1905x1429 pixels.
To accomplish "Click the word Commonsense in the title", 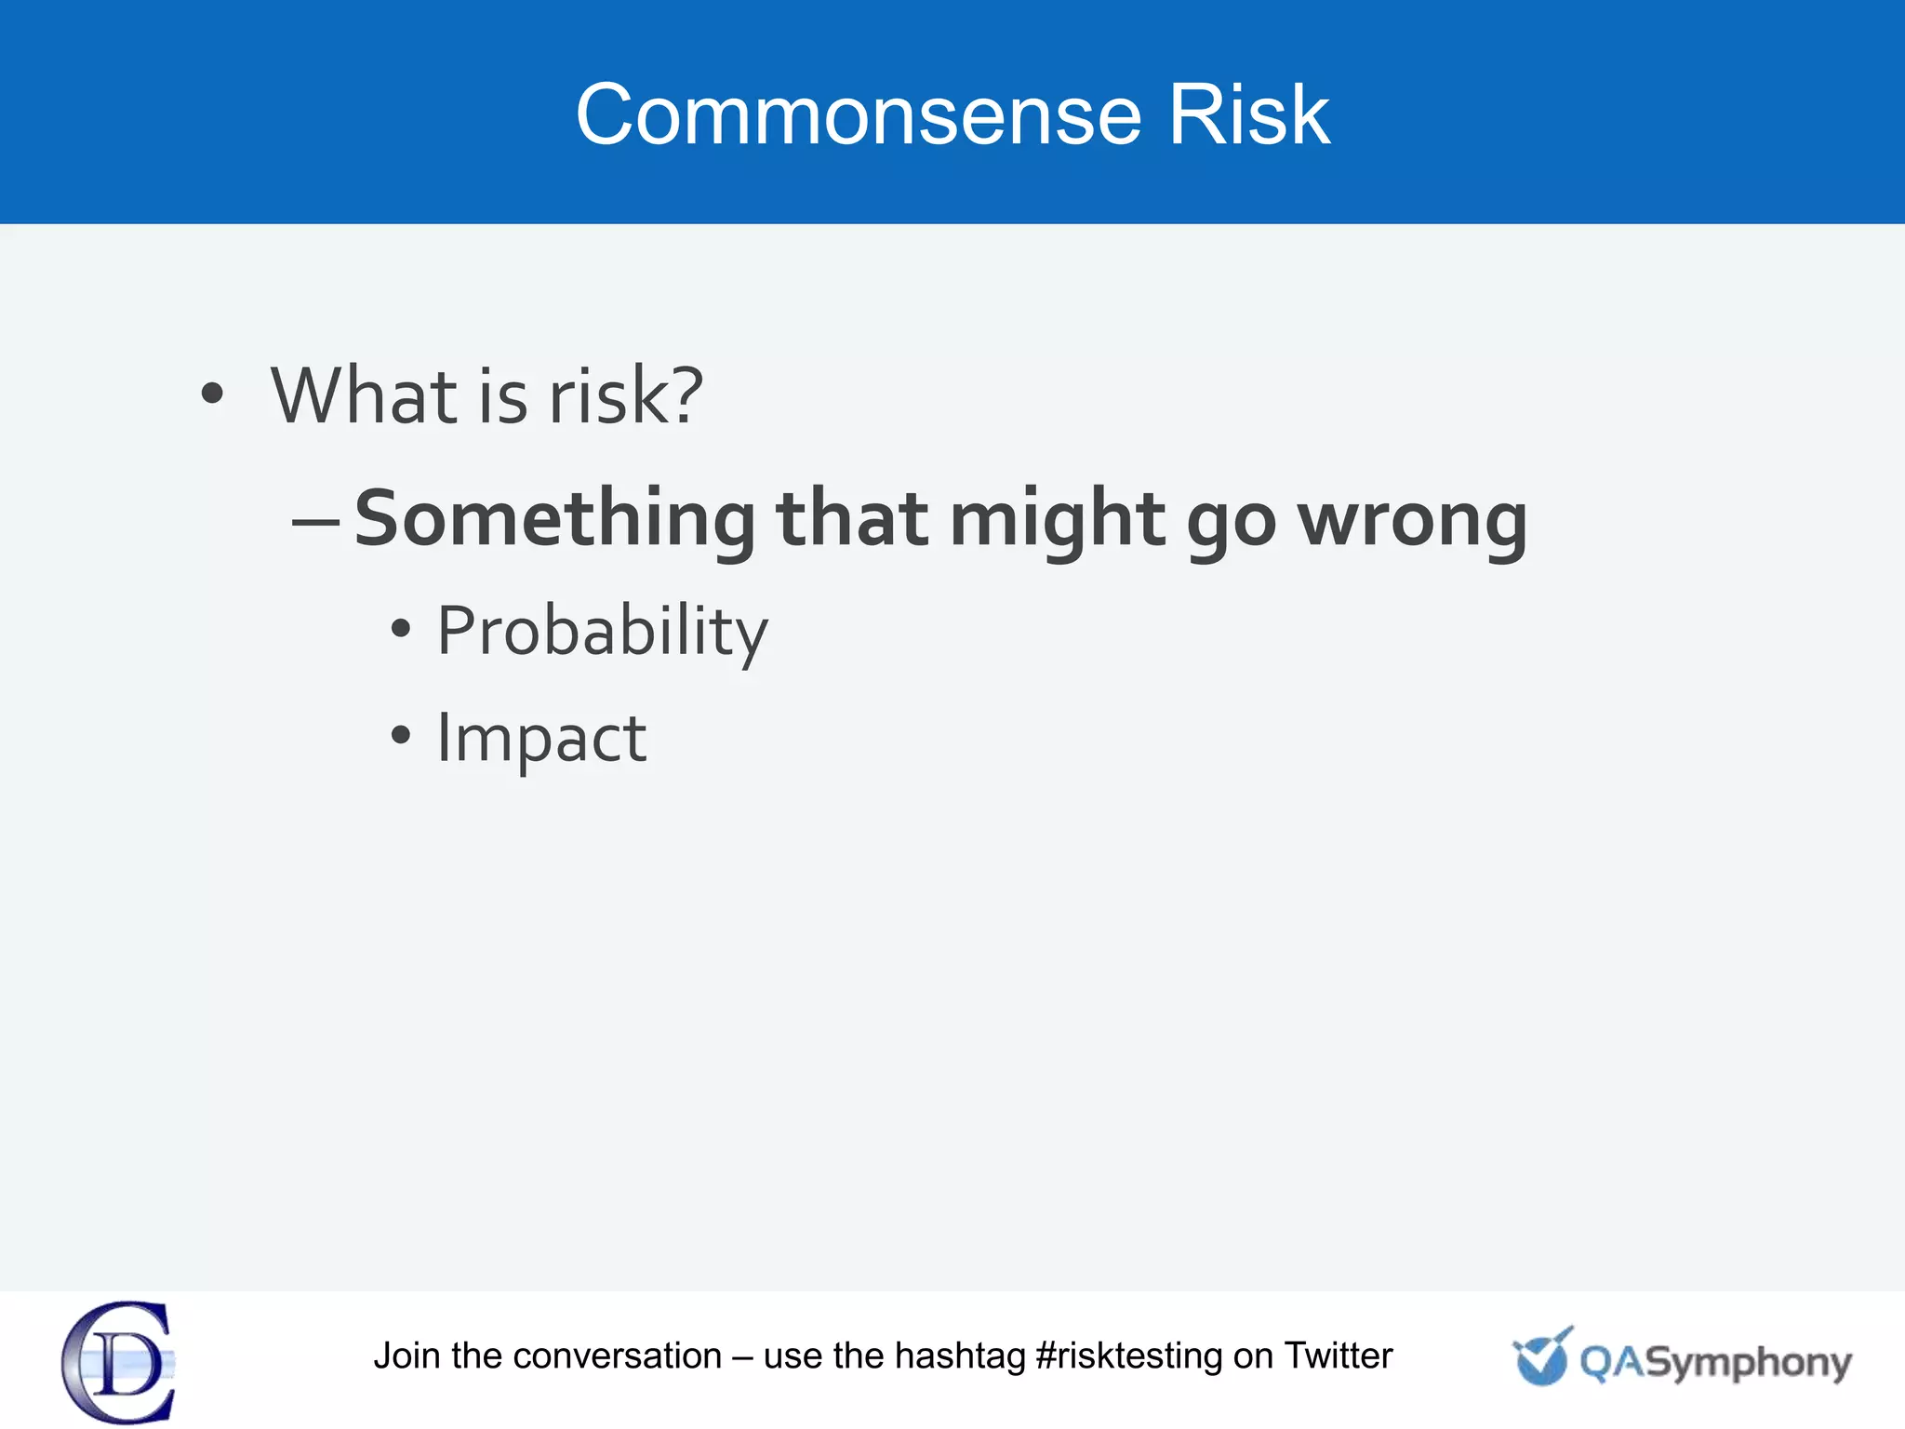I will [858, 115].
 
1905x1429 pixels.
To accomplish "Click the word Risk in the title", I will [1248, 115].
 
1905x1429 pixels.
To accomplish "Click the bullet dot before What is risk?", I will [212, 394].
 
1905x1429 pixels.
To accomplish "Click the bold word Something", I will [554, 519].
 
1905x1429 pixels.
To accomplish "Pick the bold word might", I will [1057, 519].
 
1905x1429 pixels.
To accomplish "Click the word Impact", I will [541, 739].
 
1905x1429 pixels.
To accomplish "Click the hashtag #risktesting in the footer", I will [1128, 1356].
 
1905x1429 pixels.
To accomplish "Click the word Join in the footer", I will [406, 1356].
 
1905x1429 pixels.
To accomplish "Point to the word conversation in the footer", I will [617, 1356].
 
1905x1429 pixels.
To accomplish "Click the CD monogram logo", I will [118, 1362].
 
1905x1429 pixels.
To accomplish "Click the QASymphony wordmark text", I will [1715, 1363].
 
